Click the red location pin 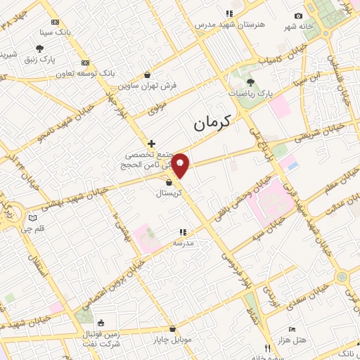click(181, 166)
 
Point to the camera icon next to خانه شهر click(299, 16)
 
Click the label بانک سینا click(56, 32)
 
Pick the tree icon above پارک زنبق click(39, 49)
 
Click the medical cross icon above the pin click(151, 143)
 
